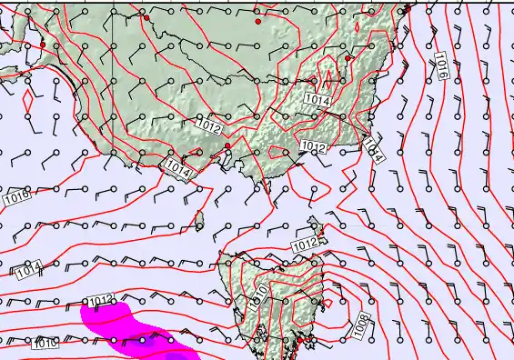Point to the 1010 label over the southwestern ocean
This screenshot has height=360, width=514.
45,344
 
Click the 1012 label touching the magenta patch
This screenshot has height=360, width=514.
100,300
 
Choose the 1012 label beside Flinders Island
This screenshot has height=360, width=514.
305,244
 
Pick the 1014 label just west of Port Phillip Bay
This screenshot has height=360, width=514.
178,166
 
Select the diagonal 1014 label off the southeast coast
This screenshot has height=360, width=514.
374,149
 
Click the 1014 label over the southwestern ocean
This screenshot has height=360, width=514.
28,269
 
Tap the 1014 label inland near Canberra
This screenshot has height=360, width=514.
317,99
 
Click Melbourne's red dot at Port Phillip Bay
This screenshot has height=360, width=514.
227,145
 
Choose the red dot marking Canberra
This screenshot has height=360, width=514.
348,59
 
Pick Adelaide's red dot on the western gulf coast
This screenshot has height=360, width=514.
43,45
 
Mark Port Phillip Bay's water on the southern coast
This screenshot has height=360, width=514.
223,160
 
